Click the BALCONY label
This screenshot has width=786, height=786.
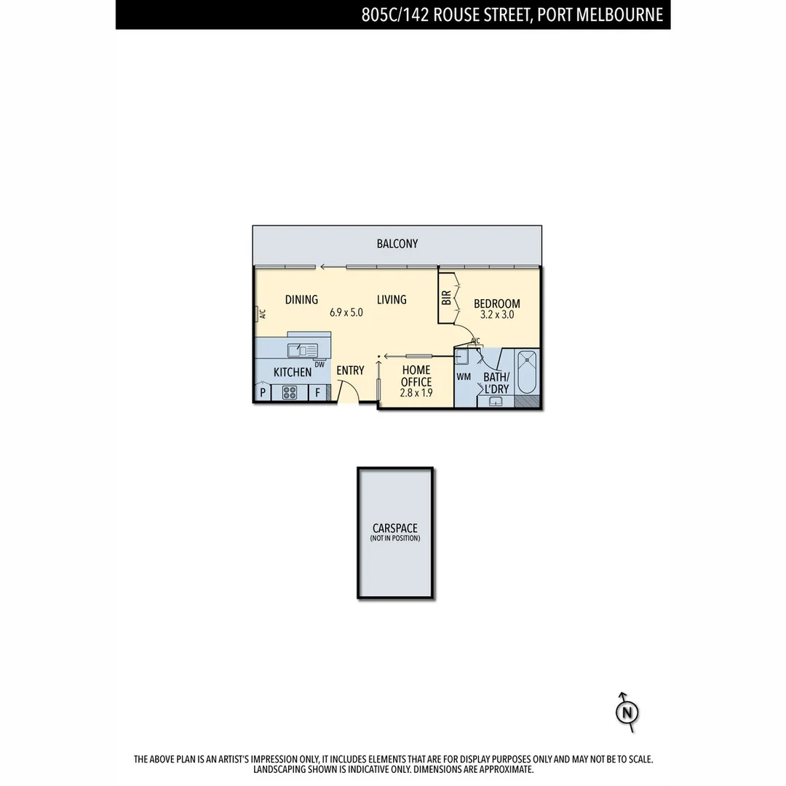[x=397, y=244]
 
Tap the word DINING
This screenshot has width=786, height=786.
[x=301, y=299]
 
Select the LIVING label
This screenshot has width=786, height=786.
[x=392, y=299]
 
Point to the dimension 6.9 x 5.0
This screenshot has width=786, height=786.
[x=346, y=312]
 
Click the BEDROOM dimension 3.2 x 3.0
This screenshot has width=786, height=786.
[x=497, y=315]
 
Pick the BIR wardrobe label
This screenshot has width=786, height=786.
[x=446, y=298]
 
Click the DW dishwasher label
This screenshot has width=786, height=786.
[x=319, y=365]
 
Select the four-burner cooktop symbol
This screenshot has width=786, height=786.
[x=290, y=393]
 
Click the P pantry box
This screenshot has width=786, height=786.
[x=262, y=393]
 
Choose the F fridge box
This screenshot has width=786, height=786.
[x=317, y=393]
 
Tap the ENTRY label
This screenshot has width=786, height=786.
[x=350, y=370]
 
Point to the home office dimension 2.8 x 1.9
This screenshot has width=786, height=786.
[x=416, y=393]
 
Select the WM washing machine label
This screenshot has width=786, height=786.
[x=464, y=377]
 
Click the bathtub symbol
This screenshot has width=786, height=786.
[x=527, y=372]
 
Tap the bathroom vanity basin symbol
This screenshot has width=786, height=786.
[x=497, y=401]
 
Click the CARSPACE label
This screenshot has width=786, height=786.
[x=395, y=528]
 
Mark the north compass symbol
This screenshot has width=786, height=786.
[x=626, y=712]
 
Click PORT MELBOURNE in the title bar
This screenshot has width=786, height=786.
[x=600, y=15]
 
